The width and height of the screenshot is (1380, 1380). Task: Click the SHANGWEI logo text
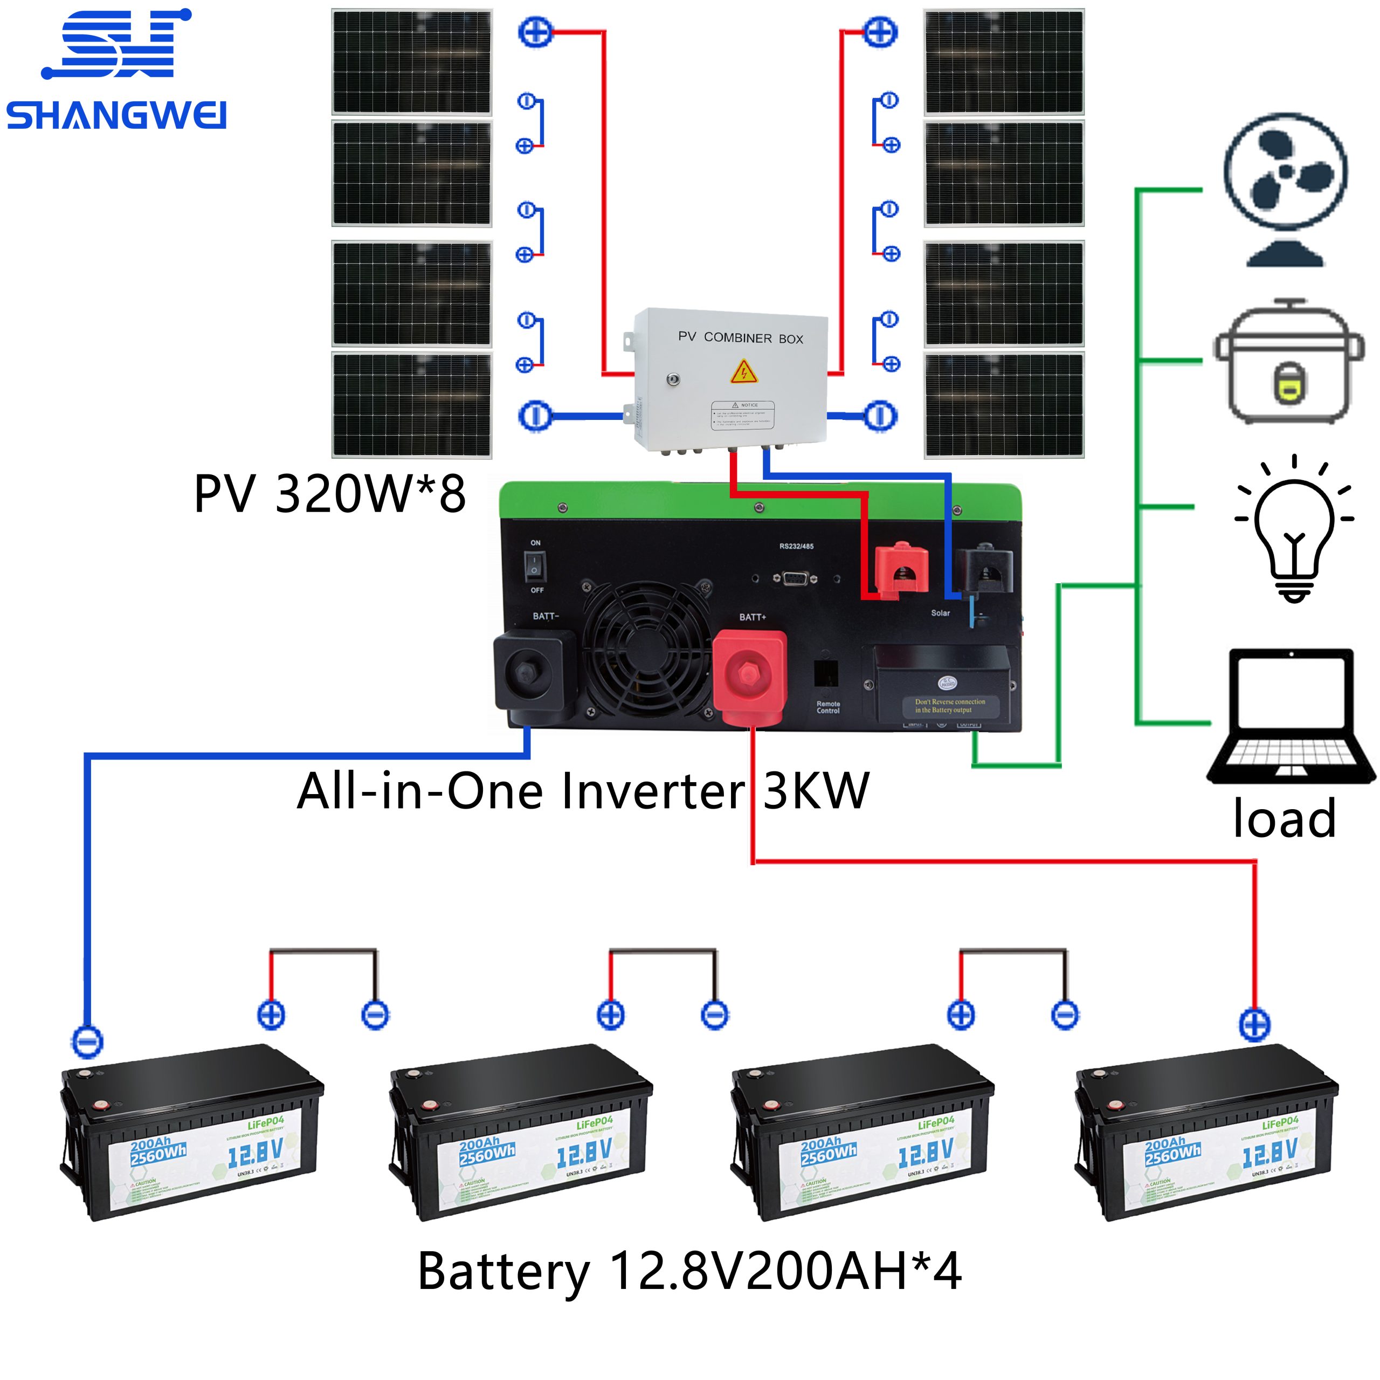[116, 116]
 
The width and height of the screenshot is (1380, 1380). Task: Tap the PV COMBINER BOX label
[740, 338]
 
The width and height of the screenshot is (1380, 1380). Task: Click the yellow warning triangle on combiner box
[743, 371]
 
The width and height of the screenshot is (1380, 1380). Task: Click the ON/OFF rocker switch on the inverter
[534, 567]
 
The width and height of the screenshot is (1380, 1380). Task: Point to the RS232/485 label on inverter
[796, 547]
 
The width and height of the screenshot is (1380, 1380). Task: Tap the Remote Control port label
[828, 707]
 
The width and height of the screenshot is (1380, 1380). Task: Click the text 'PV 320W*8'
[329, 494]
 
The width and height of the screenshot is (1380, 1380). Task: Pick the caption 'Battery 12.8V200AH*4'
[689, 1272]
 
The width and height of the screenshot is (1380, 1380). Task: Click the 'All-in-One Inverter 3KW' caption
[582, 791]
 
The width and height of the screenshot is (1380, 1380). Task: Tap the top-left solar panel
[411, 62]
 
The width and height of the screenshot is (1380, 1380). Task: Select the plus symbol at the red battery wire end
[1254, 1026]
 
